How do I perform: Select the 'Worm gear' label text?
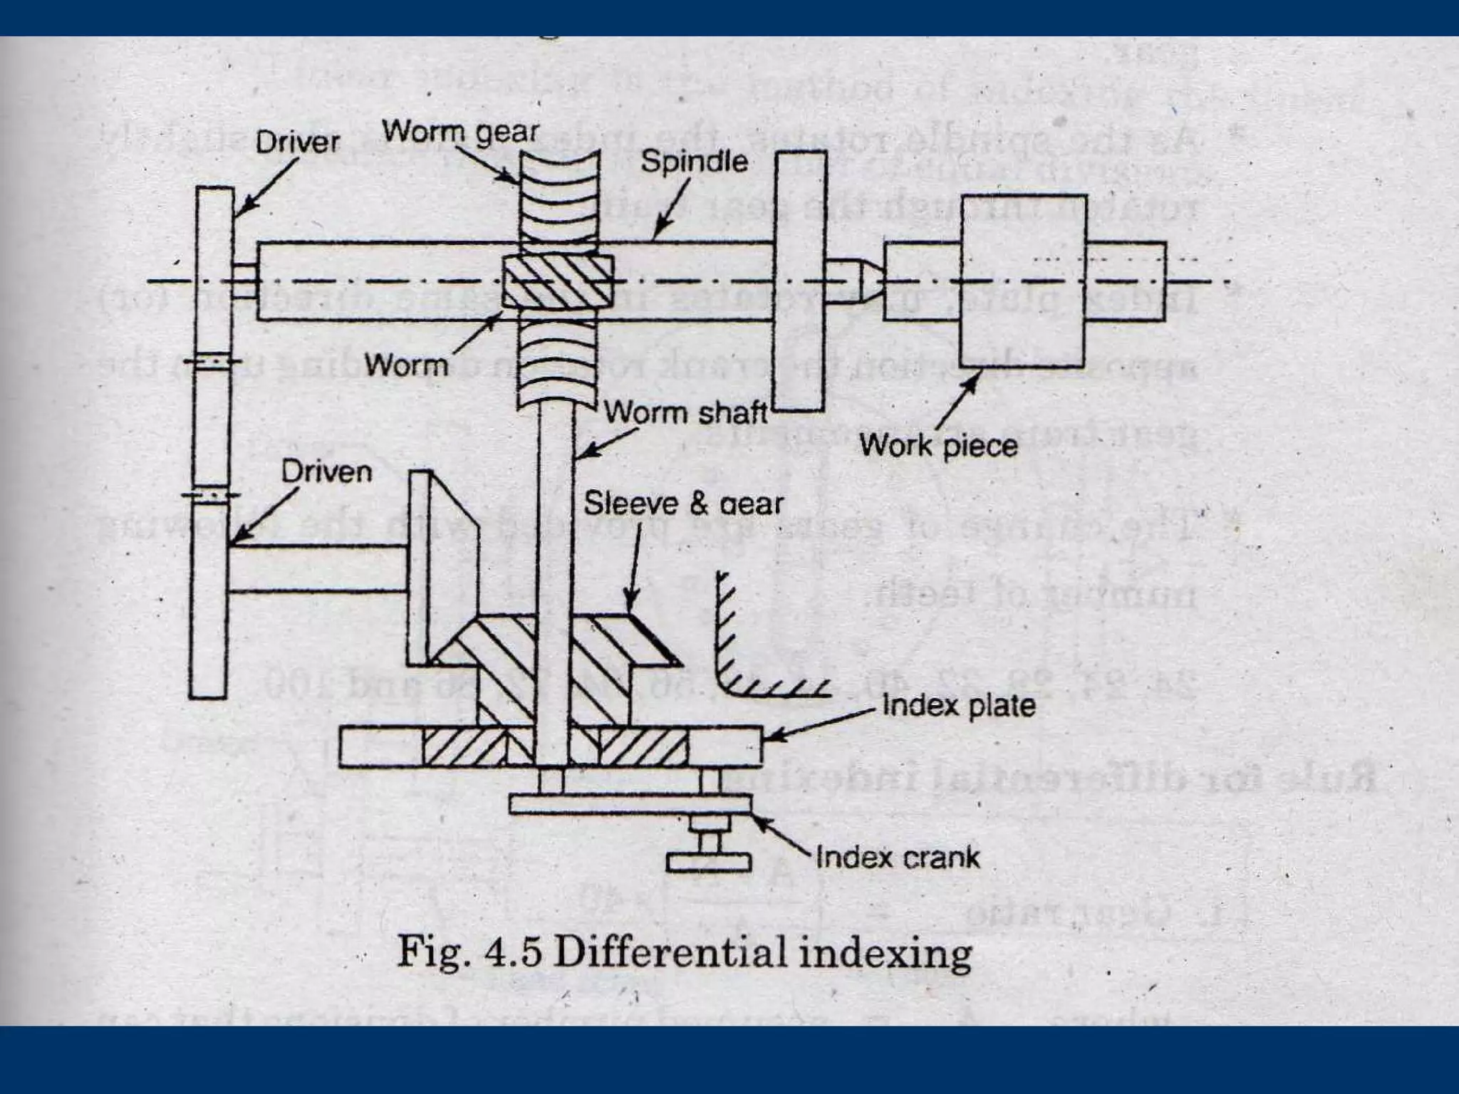[x=460, y=132]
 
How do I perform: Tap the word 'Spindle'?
[x=694, y=162]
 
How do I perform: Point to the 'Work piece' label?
[x=938, y=446]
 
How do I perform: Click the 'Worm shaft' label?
[x=685, y=413]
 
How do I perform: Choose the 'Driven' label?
[x=326, y=472]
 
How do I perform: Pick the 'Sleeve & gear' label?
[x=683, y=504]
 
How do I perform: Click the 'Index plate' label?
[x=958, y=706]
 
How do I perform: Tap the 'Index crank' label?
[x=898, y=857]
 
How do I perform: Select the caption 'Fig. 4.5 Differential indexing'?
[x=684, y=953]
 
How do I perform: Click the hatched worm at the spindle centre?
[x=558, y=281]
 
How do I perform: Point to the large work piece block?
[x=1023, y=281]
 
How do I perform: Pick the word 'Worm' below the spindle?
[x=406, y=365]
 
